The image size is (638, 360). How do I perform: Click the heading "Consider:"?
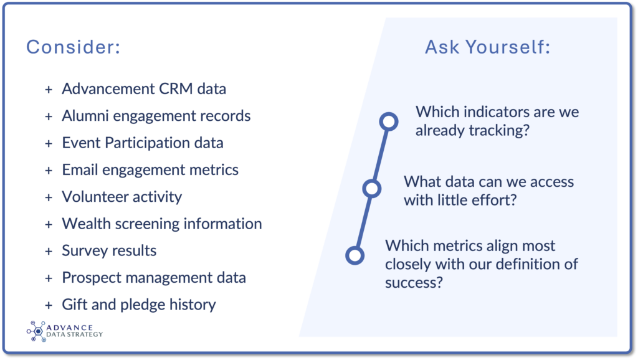(74, 47)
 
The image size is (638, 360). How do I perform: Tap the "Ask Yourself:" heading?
(487, 47)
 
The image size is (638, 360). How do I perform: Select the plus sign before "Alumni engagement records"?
(49, 116)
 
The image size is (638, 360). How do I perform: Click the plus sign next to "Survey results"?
(49, 252)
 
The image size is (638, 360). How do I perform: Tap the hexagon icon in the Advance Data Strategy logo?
(38, 331)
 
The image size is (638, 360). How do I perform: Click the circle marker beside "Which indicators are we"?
(389, 121)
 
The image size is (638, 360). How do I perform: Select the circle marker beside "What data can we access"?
(371, 188)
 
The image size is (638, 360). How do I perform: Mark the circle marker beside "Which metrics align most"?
(355, 255)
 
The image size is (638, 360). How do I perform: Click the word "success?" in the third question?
(414, 283)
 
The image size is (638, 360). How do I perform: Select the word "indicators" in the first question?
(497, 112)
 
